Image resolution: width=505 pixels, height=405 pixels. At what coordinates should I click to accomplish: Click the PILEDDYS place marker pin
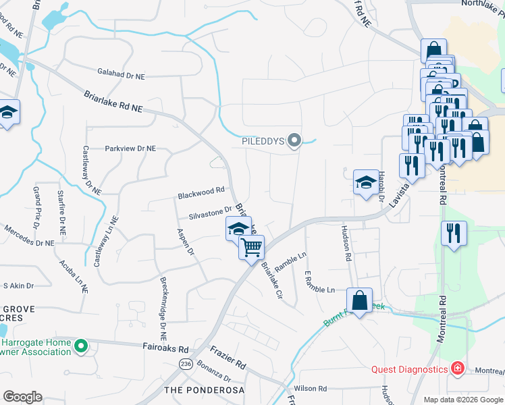click(x=294, y=141)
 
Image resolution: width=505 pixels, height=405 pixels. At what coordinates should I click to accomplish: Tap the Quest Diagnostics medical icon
click(x=457, y=369)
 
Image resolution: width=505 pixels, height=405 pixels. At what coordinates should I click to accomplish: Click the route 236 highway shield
click(x=186, y=364)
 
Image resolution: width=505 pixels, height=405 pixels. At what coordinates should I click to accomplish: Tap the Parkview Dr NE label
click(x=130, y=148)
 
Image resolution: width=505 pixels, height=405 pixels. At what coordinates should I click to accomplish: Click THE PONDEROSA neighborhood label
click(x=203, y=390)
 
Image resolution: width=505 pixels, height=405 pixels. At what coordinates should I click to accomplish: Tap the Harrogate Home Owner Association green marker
click(x=81, y=347)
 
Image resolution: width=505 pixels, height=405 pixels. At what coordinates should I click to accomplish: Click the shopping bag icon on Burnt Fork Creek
click(x=360, y=300)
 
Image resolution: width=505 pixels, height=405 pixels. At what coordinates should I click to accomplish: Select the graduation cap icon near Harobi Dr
click(x=366, y=182)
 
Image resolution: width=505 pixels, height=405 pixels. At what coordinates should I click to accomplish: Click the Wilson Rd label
click(x=311, y=389)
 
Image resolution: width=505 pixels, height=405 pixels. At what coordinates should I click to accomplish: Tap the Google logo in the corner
click(x=22, y=396)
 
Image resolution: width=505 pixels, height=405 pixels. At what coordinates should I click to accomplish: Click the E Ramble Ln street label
click(x=320, y=286)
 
